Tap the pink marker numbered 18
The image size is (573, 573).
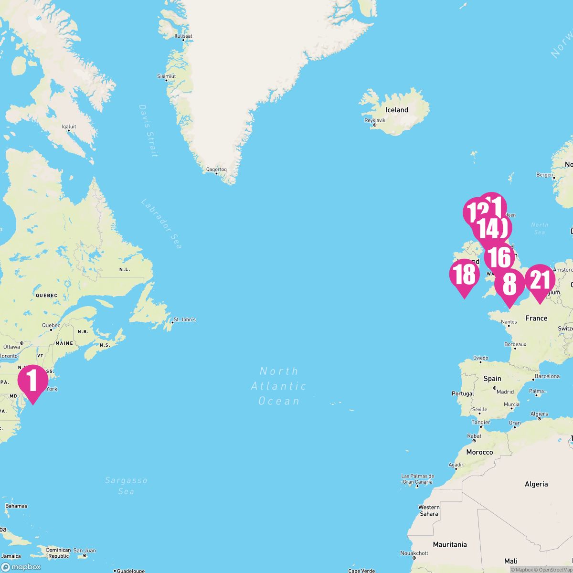[x=464, y=275]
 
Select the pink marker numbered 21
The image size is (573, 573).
[x=540, y=280]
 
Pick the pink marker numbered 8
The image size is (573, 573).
[x=509, y=285]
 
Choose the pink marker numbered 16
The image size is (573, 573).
[x=500, y=257]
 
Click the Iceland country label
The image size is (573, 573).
[x=396, y=110]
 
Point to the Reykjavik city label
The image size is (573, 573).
[x=374, y=120]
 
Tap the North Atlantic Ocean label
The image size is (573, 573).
[x=279, y=386]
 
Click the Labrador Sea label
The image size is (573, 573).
[x=161, y=223]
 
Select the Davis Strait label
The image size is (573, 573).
[x=148, y=130]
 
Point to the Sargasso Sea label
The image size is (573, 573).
[x=126, y=486]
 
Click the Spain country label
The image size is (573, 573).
[x=492, y=378]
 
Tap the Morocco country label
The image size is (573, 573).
[x=479, y=452]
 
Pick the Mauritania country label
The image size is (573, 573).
[x=450, y=544]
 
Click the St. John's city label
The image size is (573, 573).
[x=184, y=319]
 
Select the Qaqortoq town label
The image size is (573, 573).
[x=216, y=169]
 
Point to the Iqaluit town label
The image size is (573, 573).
[x=69, y=127]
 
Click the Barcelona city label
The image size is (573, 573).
[x=547, y=376]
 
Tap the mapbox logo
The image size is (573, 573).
[x=21, y=567]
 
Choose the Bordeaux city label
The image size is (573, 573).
[x=515, y=344]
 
